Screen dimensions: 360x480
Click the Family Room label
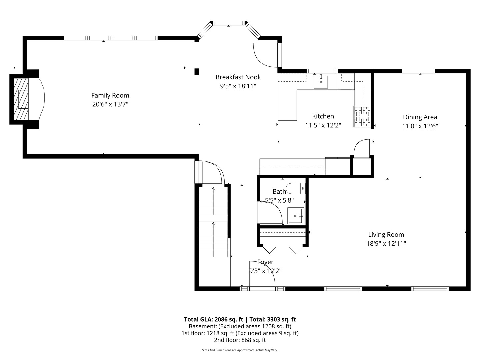tap(110, 95)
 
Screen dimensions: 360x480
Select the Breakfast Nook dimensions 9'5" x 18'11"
tap(238, 86)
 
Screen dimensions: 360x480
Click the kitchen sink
tap(321, 82)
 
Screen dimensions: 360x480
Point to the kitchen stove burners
tap(362, 116)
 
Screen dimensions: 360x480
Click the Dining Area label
tap(420, 117)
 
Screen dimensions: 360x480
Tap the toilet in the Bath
tap(295, 188)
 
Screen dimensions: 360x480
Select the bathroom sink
tap(296, 216)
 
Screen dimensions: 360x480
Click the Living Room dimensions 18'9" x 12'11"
tap(386, 243)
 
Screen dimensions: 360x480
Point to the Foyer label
tap(265, 262)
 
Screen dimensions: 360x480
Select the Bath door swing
tap(271, 213)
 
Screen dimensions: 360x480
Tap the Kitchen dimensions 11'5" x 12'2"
tap(323, 125)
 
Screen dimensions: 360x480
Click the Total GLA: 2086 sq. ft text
tap(214, 319)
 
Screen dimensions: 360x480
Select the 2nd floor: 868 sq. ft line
tap(240, 340)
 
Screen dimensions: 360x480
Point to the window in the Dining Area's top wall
tap(418, 71)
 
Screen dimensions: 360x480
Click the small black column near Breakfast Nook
tap(197, 71)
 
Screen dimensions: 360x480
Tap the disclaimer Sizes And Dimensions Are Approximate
tap(240, 350)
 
